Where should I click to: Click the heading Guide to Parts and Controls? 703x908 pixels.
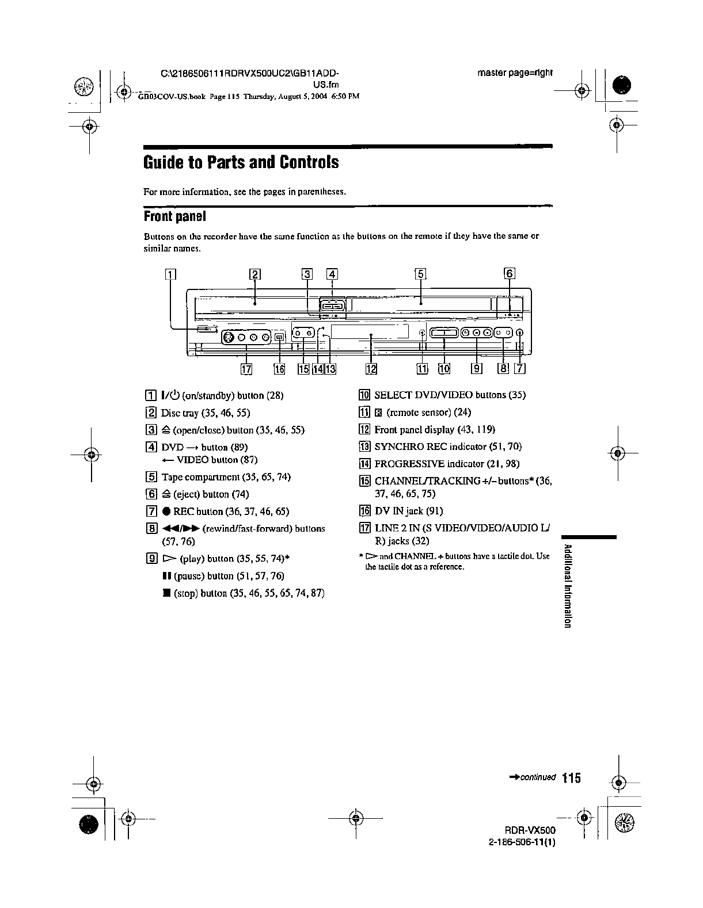click(241, 162)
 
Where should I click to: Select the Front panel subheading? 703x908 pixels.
click(174, 216)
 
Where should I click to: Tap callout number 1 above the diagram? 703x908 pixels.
click(170, 274)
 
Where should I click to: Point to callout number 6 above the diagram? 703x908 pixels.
click(509, 273)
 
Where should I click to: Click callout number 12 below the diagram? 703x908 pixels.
click(371, 369)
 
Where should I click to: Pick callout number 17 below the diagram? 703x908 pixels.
click(246, 369)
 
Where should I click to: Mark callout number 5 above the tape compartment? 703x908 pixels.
click(421, 274)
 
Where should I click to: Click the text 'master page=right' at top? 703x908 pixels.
click(515, 73)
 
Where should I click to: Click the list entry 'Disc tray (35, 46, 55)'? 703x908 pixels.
click(205, 413)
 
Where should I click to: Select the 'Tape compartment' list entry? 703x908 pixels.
click(226, 477)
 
